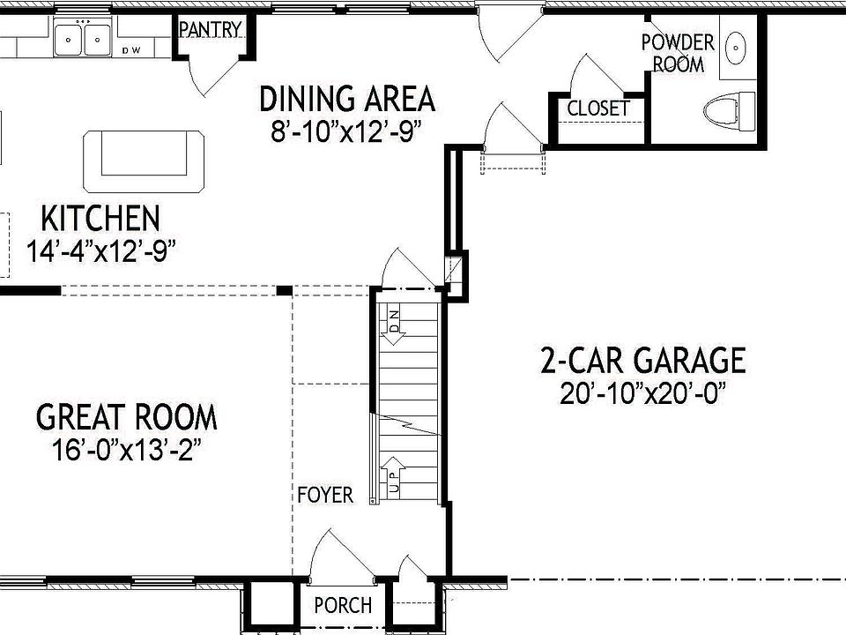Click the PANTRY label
(210, 29)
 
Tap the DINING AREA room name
(347, 99)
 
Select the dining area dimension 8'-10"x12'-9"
(347, 131)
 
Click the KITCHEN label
(101, 218)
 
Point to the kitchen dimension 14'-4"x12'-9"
(101, 250)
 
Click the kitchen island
(145, 161)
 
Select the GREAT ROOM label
(127, 416)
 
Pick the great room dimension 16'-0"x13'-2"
(127, 449)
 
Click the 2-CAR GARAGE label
(643, 360)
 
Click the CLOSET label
(598, 108)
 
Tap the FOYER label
(324, 495)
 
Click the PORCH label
(343, 606)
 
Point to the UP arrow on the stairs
(393, 475)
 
